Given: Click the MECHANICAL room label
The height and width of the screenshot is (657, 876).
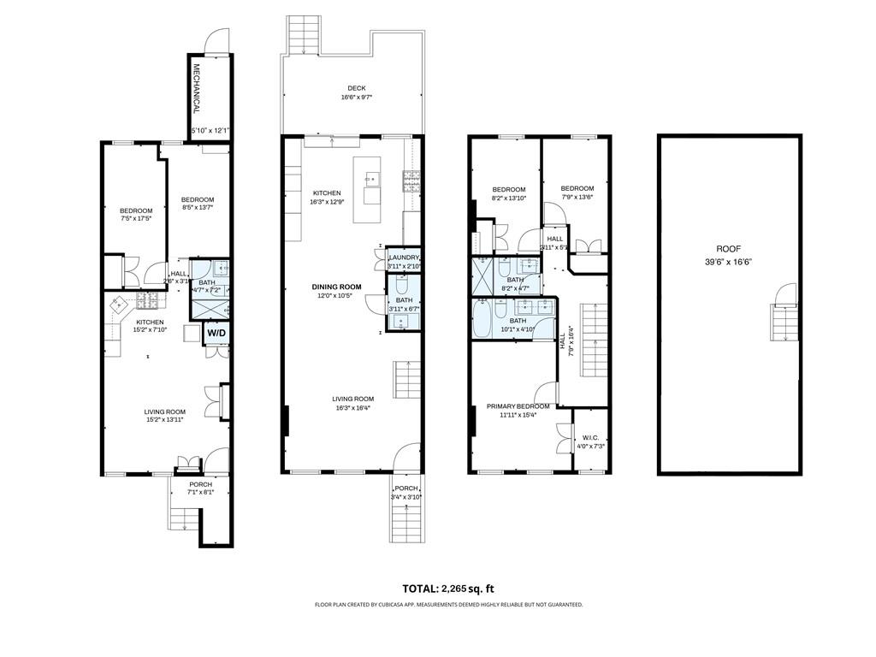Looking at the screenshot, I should tap(196, 89).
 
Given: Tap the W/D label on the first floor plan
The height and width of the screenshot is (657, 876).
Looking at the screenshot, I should tap(216, 333).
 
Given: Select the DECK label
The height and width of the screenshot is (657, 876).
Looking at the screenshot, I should tap(357, 88).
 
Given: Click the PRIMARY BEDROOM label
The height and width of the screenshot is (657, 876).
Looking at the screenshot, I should tap(518, 406).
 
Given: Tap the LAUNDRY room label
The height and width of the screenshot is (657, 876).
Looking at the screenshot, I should tap(404, 257).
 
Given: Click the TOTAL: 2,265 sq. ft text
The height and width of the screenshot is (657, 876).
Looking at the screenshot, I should tap(448, 589).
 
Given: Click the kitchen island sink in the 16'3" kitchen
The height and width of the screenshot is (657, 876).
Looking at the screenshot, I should tap(373, 180).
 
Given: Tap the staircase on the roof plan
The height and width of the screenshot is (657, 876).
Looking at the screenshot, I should tap(784, 322).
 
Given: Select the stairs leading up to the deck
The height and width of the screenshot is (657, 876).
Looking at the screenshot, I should tap(303, 34).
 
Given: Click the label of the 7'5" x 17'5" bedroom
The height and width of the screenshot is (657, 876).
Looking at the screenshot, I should tap(135, 211).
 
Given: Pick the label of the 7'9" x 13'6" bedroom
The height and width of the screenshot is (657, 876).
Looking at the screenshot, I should tap(577, 189).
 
